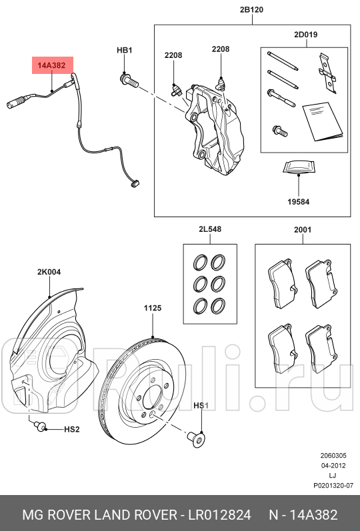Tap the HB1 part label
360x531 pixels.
pyautogui.click(x=125, y=50)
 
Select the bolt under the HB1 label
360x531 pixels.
pyautogui.click(x=128, y=81)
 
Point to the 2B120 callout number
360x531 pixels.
pyautogui.click(x=253, y=11)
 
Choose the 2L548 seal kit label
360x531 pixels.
pyautogui.click(x=209, y=229)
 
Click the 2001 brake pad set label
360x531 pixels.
pyautogui.click(x=303, y=229)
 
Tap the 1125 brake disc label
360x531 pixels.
pyautogui.click(x=152, y=308)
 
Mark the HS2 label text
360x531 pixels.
pyautogui.click(x=71, y=430)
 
